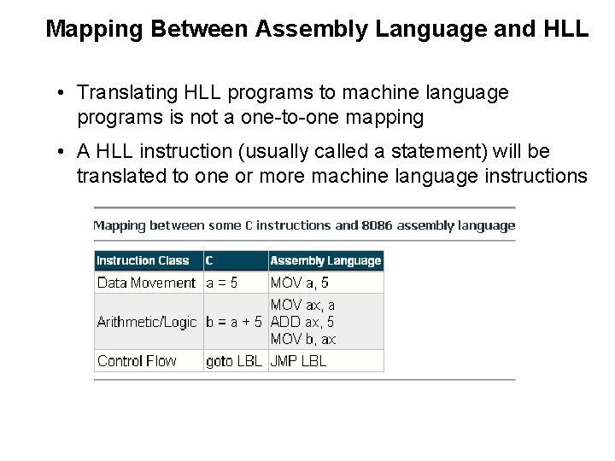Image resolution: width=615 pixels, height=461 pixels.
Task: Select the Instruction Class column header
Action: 143,260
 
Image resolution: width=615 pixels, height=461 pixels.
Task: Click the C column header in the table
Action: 210,260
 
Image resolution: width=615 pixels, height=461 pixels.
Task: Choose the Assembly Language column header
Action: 325,260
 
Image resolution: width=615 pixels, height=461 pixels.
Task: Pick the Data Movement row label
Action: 147,283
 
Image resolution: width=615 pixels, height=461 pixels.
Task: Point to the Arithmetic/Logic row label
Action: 147,323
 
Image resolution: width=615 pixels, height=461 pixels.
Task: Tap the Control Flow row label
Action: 137,361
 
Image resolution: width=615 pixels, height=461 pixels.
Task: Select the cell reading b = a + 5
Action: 235,323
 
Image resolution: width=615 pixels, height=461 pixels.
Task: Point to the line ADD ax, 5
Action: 302,323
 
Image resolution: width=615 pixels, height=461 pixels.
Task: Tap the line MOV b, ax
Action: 303,340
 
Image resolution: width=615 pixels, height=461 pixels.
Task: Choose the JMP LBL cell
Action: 298,361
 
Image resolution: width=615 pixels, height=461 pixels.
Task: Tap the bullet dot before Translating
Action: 62,92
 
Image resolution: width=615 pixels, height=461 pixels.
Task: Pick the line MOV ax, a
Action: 302,305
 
